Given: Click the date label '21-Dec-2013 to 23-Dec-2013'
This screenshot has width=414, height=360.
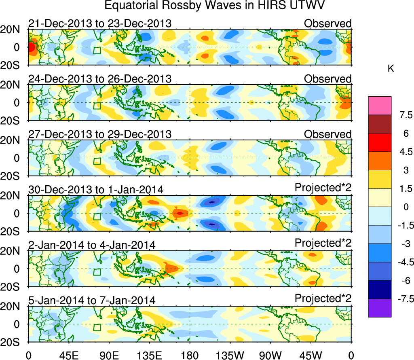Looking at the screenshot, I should tap(100, 23).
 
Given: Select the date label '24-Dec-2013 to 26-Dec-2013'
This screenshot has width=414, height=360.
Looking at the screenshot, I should tap(100, 78).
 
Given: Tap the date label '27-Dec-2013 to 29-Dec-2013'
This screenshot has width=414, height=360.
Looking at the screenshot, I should tap(100, 134).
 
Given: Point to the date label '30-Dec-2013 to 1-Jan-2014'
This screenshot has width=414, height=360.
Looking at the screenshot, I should tap(96, 189).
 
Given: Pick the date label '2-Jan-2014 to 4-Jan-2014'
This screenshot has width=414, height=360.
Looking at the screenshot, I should tap(92, 245).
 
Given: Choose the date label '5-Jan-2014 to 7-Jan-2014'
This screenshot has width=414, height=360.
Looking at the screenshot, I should tap(92, 300).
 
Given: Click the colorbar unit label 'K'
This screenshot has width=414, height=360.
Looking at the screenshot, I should tap(391, 69).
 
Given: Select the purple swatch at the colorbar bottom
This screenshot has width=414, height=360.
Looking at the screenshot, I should tap(380, 308).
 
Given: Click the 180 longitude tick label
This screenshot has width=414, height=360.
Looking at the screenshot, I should tap(190, 355).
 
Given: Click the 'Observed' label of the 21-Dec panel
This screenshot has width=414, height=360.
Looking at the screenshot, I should tap(327, 23).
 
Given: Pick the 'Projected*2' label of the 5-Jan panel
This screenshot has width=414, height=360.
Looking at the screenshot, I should tap(323, 299).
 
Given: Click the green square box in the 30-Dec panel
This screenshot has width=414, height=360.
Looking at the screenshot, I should tap(97, 216).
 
